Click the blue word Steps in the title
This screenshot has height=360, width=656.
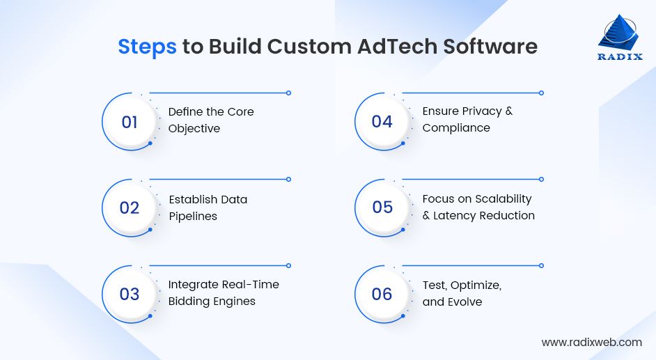[147, 46]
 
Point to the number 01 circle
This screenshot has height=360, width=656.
[130, 122]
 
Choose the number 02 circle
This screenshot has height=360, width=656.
[130, 208]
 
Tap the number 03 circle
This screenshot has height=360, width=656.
[130, 294]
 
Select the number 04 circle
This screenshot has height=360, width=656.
[382, 122]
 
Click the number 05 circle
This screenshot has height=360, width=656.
[382, 208]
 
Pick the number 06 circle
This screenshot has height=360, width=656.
[382, 294]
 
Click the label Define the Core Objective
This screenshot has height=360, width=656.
[211, 120]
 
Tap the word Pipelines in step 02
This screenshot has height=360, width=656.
[193, 216]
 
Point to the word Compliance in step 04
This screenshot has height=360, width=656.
[456, 128]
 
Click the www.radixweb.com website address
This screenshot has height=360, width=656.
[591, 342]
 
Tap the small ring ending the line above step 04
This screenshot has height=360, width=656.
[541, 93]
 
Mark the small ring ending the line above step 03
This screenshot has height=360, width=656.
[288, 265]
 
